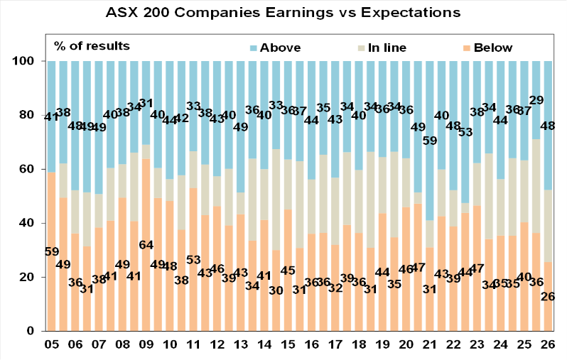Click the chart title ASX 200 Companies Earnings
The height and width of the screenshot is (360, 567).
283,13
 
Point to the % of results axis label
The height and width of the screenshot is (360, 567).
92,46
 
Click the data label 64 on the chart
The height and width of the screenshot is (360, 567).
146,245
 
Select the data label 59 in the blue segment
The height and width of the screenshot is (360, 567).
430,140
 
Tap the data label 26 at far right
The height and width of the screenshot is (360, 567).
549,296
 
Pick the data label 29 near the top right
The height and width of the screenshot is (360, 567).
536,100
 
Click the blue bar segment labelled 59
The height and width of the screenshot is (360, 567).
430,99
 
